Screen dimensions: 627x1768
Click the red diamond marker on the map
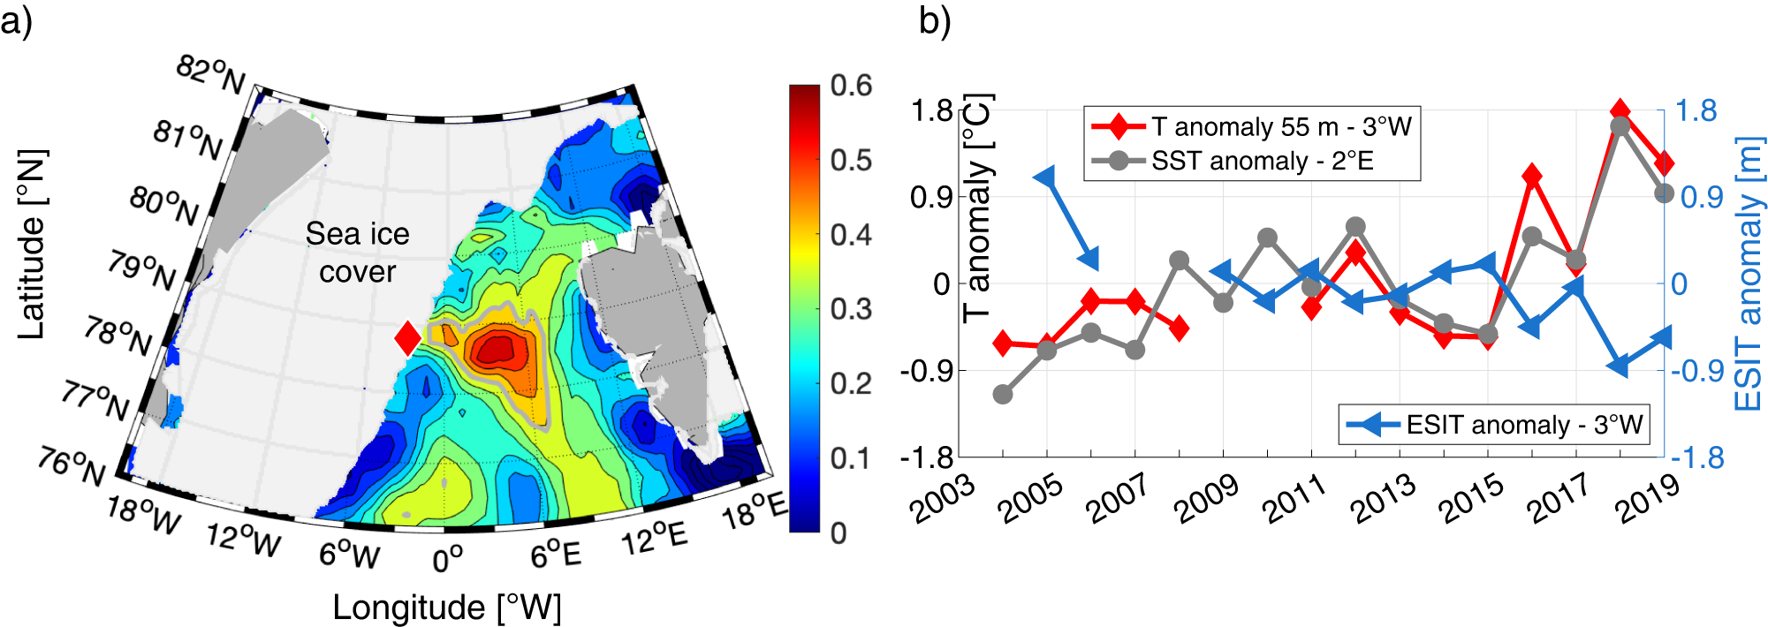[x=407, y=337]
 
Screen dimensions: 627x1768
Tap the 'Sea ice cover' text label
[x=357, y=253]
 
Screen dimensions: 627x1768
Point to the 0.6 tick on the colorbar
[x=850, y=86]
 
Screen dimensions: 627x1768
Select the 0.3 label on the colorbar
[x=850, y=309]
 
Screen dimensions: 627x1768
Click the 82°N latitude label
[x=210, y=74]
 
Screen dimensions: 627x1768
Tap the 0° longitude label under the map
[x=448, y=559]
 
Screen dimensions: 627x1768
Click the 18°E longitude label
[x=754, y=511]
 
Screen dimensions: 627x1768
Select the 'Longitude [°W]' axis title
[x=447, y=608]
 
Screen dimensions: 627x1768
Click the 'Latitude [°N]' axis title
[x=32, y=245]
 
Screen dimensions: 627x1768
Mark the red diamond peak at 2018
[x=1620, y=111]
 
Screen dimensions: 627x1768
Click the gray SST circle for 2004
[x=1003, y=394]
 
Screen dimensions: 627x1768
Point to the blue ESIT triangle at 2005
[x=1047, y=178]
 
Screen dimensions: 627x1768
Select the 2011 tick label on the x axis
[x=1294, y=499]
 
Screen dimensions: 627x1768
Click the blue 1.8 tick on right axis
[x=1696, y=111]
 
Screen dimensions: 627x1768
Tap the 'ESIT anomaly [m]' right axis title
[x=1748, y=274]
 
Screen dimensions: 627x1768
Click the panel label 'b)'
[x=934, y=19]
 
